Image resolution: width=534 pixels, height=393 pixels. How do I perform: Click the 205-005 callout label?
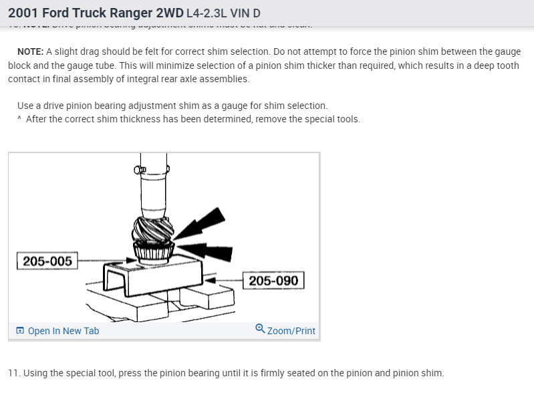click(47, 261)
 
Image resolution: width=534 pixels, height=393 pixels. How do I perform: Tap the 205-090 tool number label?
click(273, 280)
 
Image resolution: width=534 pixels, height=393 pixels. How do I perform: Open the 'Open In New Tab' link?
click(63, 331)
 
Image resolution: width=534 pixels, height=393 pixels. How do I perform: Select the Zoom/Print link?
click(291, 331)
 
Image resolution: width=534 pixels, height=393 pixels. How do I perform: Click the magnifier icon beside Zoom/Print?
click(260, 329)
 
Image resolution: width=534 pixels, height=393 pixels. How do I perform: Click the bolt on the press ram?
click(140, 170)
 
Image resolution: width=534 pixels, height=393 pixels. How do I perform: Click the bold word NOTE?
click(30, 52)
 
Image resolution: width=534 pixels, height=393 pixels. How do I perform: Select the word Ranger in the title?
click(135, 13)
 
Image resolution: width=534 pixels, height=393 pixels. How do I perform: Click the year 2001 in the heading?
click(23, 13)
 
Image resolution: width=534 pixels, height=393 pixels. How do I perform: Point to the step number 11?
click(13, 372)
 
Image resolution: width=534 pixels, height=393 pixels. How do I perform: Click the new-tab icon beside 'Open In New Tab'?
click(20, 331)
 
